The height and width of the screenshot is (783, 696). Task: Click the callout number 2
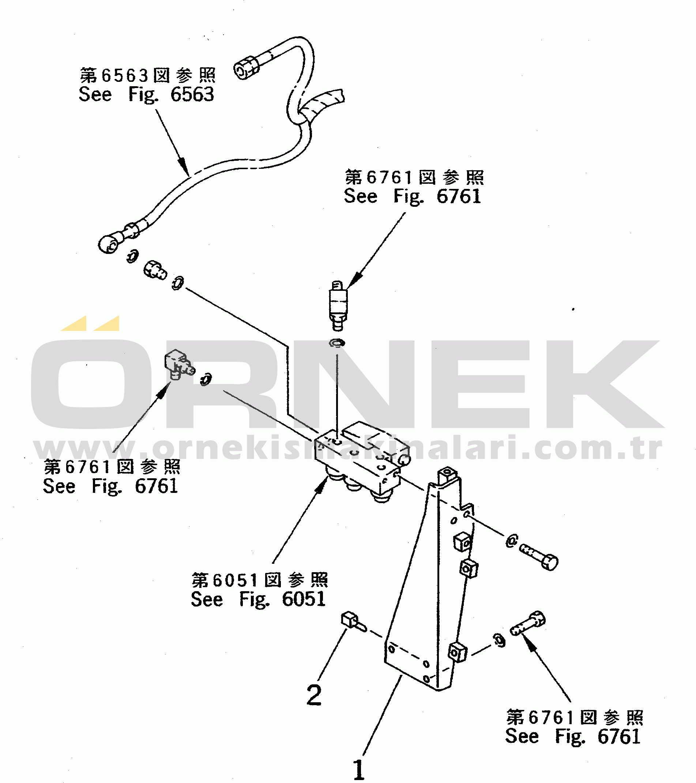coord(314,695)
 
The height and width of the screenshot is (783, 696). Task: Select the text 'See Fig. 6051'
coord(258,599)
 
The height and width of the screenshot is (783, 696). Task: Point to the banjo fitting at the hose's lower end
coord(109,244)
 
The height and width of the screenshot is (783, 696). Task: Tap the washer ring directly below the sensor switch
coord(337,343)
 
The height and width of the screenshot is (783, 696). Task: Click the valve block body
coord(361,458)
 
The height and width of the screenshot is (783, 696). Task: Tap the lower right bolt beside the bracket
coord(528,623)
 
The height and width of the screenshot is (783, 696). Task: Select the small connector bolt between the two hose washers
coord(155,269)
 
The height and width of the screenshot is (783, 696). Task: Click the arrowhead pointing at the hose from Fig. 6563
coord(184,167)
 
